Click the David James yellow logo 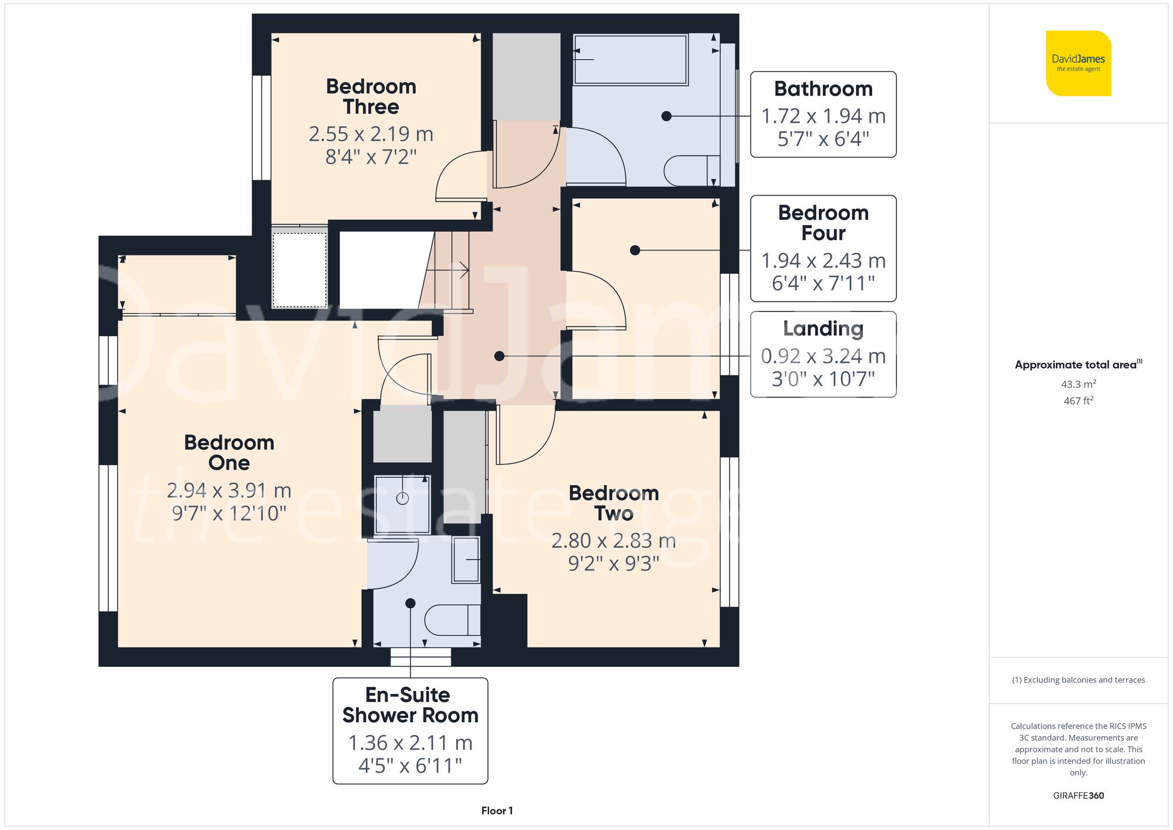click(1078, 63)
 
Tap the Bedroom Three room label click(371, 97)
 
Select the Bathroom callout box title click(823, 89)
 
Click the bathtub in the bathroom click(630, 60)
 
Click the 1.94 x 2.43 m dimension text click(823, 260)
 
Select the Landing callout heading click(823, 328)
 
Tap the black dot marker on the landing click(499, 356)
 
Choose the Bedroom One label click(229, 452)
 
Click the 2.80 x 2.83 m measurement click(613, 540)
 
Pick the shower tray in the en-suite click(402, 504)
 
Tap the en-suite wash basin click(466, 560)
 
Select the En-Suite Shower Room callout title click(409, 705)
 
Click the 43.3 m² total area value click(1078, 384)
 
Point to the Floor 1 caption click(497, 811)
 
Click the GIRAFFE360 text click(1078, 796)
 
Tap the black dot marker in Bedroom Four click(635, 250)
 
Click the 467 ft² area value click(1078, 401)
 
